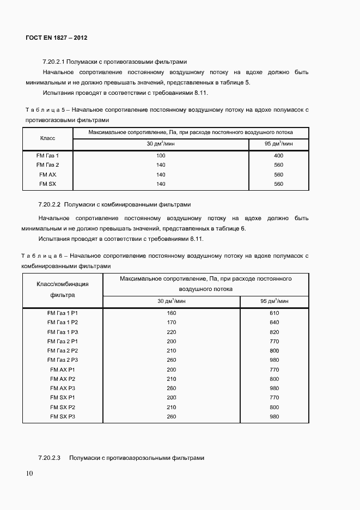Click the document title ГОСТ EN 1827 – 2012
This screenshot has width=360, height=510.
[57, 38]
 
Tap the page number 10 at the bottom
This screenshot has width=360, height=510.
[29, 473]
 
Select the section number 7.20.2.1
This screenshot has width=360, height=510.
[53, 62]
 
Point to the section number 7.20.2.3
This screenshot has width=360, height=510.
[49, 458]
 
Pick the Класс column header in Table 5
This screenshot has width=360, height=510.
[47, 138]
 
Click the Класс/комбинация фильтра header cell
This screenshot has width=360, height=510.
[62, 289]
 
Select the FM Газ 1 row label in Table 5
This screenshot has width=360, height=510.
[47, 155]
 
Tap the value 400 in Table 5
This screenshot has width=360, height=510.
[278, 155]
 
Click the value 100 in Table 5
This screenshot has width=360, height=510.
[161, 155]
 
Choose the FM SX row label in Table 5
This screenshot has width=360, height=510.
[47, 184]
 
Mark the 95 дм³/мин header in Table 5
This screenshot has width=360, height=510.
[278, 143]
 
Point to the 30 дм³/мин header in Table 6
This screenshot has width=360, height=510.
[171, 301]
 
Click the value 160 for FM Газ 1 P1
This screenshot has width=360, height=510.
[171, 313]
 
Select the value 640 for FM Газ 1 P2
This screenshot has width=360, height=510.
[274, 322]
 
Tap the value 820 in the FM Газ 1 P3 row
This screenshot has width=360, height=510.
[274, 332]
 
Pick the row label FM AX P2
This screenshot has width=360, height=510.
[62, 379]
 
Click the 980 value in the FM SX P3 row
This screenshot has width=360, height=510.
[274, 417]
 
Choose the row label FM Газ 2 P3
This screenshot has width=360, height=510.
[62, 360]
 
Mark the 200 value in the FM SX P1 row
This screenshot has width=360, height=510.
[171, 398]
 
